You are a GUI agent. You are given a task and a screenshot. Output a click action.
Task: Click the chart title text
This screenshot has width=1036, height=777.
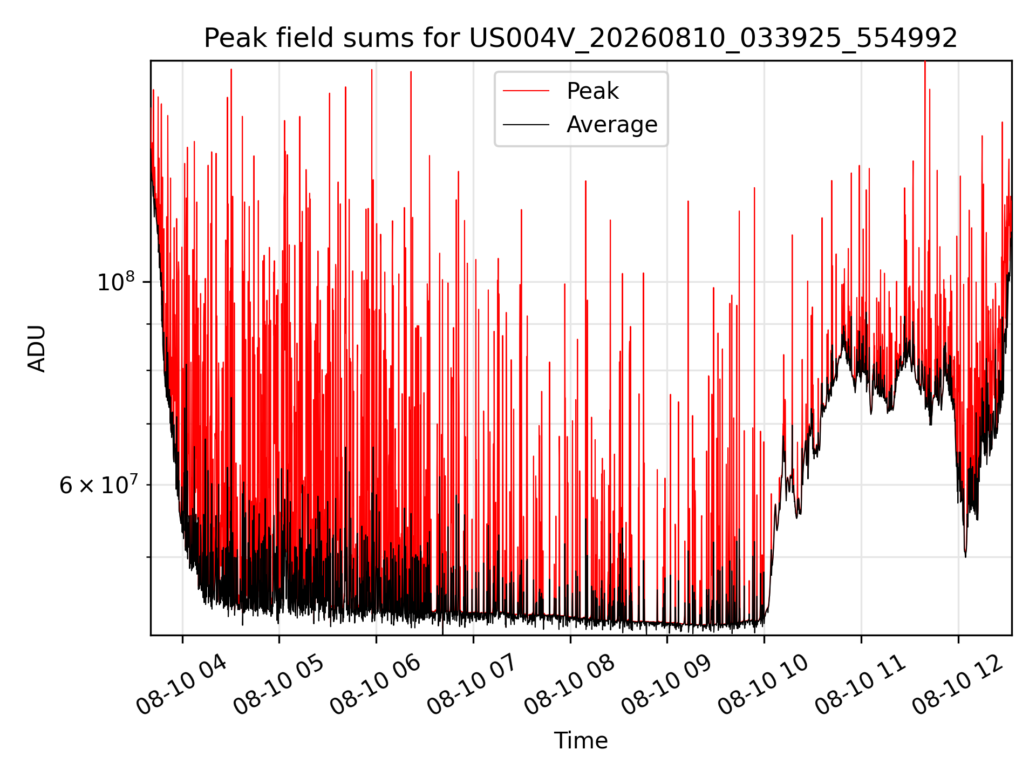point(581,38)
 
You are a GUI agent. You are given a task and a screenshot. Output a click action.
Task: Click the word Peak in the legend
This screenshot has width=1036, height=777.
point(592,91)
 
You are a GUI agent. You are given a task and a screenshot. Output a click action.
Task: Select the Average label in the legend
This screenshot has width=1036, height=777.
point(612,125)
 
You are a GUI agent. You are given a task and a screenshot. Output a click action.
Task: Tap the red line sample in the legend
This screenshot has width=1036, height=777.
point(526,91)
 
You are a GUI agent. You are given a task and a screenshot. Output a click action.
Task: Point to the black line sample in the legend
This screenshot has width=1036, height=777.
point(526,125)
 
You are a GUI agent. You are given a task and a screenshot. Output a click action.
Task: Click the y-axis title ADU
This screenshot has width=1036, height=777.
point(37,348)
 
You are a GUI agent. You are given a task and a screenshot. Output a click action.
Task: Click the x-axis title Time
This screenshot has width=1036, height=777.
point(581,741)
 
